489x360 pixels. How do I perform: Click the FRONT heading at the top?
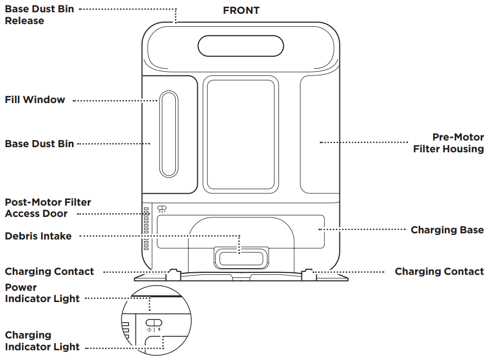click(x=241, y=10)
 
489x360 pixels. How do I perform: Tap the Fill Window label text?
click(x=35, y=100)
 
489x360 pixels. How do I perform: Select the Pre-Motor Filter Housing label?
click(x=449, y=143)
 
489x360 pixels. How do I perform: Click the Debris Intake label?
click(x=38, y=236)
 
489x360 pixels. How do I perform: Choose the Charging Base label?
click(x=447, y=230)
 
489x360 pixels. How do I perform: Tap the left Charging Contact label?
click(x=50, y=271)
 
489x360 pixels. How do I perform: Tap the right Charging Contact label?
click(x=439, y=271)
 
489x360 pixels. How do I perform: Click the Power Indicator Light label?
click(x=42, y=293)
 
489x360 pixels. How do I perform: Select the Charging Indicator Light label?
click(x=42, y=341)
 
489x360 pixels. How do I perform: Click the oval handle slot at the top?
click(x=241, y=46)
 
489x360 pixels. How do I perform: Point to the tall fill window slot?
click(x=169, y=134)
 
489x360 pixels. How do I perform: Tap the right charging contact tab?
click(x=309, y=273)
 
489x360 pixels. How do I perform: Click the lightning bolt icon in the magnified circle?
click(x=159, y=329)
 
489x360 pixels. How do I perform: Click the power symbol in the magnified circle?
click(x=149, y=329)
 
